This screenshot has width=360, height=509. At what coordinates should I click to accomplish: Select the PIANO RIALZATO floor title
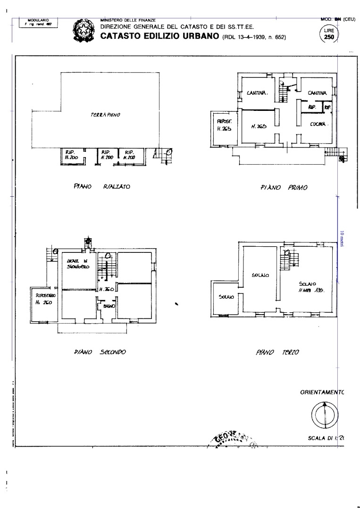[101, 187]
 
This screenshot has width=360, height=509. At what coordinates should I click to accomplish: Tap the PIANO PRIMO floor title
[284, 187]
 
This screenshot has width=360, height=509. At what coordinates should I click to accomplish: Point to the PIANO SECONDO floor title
[99, 352]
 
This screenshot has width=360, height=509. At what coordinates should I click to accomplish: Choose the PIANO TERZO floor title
[279, 352]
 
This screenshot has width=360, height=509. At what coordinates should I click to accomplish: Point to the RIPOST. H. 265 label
[224, 125]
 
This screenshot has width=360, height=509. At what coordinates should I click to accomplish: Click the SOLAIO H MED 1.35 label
[311, 287]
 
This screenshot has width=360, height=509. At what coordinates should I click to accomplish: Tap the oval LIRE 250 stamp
[329, 34]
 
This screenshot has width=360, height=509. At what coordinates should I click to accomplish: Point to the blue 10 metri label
[341, 238]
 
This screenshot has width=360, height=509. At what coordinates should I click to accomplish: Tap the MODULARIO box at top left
[38, 22]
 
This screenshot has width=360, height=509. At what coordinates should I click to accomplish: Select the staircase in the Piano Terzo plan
[290, 259]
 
